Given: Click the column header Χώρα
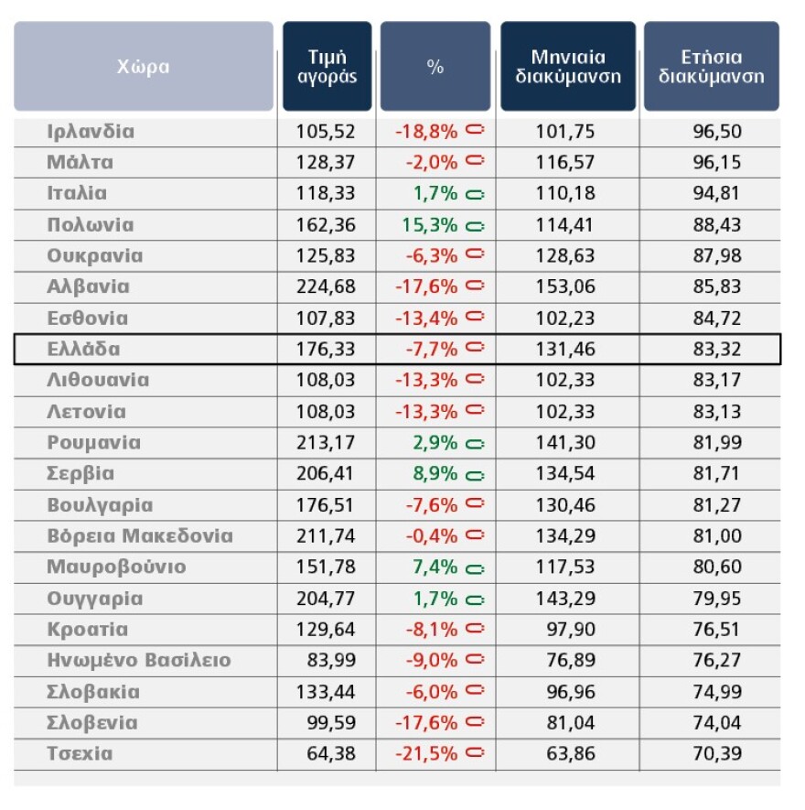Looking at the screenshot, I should [x=144, y=67].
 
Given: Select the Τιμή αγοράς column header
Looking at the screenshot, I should [x=327, y=67].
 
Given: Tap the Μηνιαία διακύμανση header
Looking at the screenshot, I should [x=567, y=67].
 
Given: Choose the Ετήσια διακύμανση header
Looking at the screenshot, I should [x=711, y=67].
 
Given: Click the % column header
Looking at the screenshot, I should [x=435, y=67].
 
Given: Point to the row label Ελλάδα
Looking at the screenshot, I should [x=83, y=349].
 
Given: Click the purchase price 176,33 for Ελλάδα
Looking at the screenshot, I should [x=326, y=349].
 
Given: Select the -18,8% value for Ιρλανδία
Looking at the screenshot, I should [x=426, y=131].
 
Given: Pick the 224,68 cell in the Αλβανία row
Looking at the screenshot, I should [x=326, y=286].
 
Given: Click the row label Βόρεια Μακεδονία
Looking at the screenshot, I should [x=140, y=536].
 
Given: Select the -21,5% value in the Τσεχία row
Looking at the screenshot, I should [x=426, y=754].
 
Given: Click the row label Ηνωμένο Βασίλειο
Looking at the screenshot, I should [x=139, y=660].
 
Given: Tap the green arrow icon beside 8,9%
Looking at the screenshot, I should [x=475, y=475].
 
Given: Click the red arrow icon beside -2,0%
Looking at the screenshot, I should [x=475, y=161].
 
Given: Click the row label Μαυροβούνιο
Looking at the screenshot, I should [x=116, y=567].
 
